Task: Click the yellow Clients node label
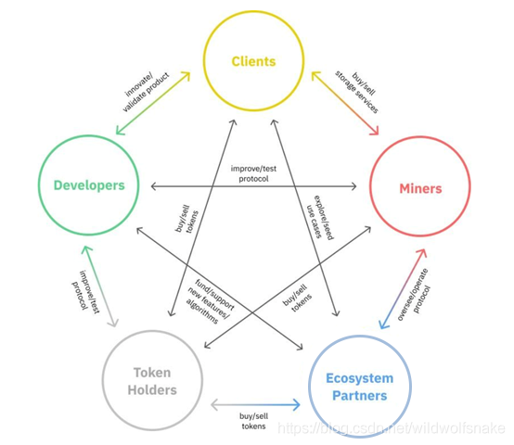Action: point(253,61)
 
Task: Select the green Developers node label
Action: point(89,185)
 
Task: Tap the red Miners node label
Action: point(420,188)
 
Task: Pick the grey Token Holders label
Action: point(152,381)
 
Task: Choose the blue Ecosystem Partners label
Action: point(360,387)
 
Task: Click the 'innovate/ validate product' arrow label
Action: point(147,92)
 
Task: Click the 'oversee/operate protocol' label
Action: point(414,295)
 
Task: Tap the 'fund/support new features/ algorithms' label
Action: point(211,301)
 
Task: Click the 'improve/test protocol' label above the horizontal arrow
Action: point(253,173)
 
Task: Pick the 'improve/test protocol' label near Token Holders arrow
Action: point(85,292)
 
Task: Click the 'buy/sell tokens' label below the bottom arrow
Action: point(253,421)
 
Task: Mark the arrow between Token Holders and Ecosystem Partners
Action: point(255,405)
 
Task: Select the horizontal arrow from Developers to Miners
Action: point(253,186)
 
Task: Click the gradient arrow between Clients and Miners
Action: point(345,104)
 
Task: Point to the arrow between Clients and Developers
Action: point(153,103)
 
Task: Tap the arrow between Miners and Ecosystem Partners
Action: point(403,289)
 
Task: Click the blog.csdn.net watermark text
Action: point(392,428)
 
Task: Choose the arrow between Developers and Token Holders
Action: point(99,286)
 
